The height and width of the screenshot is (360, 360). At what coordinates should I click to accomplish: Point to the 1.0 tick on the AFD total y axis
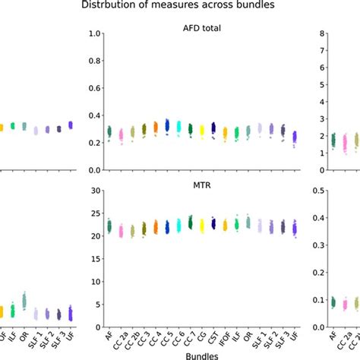click(94, 33)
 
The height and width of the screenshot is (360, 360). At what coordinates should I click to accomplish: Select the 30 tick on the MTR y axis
click(96, 191)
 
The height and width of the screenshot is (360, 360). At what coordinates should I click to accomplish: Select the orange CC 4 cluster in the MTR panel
click(156, 226)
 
